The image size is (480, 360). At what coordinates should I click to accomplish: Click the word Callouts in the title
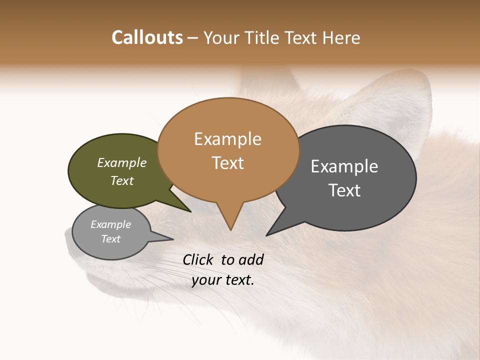tap(147, 37)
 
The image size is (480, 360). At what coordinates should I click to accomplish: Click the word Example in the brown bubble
tap(227, 139)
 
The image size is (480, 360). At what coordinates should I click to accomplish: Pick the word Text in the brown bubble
tap(227, 163)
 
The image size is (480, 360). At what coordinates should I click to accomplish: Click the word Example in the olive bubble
tap(121, 162)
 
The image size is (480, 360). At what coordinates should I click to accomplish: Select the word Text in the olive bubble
tap(121, 180)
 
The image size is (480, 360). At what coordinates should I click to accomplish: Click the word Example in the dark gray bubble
tap(344, 166)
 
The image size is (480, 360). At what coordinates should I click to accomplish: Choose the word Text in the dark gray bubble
tap(344, 190)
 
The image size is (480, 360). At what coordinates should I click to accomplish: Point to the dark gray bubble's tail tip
tap(268, 234)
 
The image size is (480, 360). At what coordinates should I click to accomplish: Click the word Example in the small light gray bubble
tap(110, 224)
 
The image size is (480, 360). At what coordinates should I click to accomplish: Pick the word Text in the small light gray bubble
tap(110, 239)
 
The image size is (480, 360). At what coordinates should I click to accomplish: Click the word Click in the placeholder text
tap(199, 259)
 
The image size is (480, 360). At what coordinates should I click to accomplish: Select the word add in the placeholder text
tap(251, 259)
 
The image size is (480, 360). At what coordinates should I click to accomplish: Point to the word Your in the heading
tap(219, 37)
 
